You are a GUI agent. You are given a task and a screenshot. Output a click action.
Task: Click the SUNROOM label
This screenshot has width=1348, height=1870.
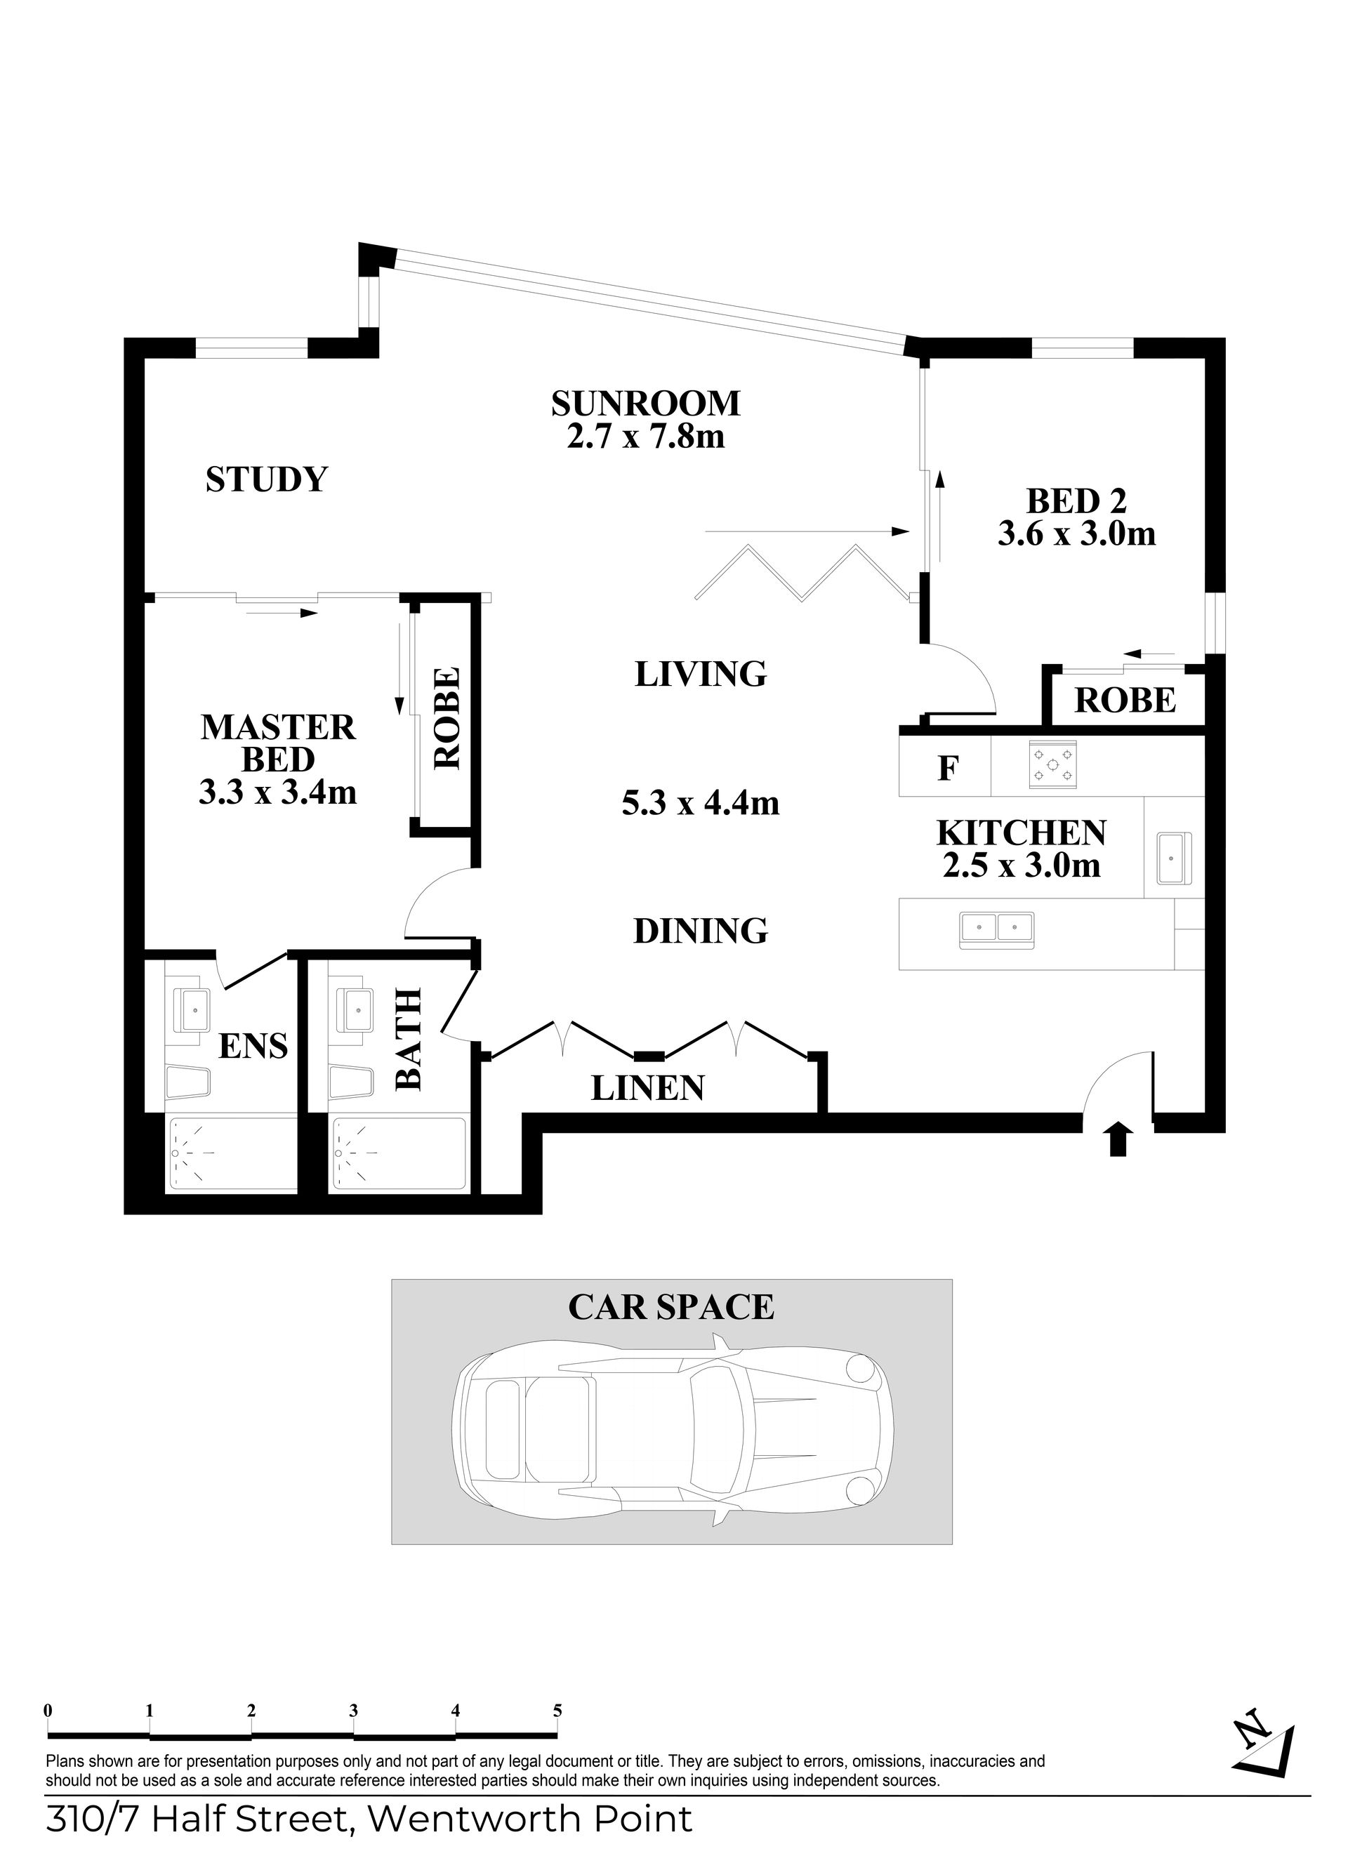(645, 403)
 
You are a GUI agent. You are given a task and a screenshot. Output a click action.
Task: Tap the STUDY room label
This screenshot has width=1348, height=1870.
(266, 479)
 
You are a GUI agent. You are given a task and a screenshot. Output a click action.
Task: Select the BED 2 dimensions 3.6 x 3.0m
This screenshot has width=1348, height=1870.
(1077, 533)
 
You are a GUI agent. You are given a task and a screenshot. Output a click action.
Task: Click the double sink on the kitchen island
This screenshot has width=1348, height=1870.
(997, 931)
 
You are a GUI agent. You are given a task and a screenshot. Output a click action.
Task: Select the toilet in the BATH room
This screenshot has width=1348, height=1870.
(350, 1082)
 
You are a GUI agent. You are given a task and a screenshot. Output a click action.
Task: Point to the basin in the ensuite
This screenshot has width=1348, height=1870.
(192, 1006)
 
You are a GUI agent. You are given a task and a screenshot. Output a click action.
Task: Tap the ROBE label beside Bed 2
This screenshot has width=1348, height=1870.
(1125, 700)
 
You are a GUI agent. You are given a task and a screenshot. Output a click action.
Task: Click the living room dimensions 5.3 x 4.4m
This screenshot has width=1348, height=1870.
(701, 802)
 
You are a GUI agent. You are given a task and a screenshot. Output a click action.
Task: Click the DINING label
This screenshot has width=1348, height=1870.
(701, 931)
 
